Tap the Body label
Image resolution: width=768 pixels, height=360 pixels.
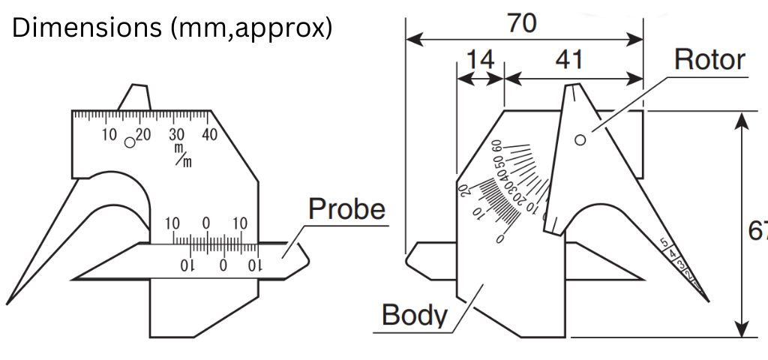[x=414, y=314]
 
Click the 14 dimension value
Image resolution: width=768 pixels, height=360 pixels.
[x=480, y=59]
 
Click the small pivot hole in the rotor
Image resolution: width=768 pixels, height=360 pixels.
[x=580, y=139]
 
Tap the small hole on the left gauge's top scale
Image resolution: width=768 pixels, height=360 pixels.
[x=130, y=141]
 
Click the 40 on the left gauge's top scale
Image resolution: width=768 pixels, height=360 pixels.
[x=209, y=135]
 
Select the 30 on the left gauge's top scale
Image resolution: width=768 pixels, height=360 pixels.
[x=176, y=135]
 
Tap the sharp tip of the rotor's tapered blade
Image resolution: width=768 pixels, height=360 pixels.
[x=709, y=301]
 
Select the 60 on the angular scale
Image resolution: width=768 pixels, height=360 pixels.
[x=496, y=145]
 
